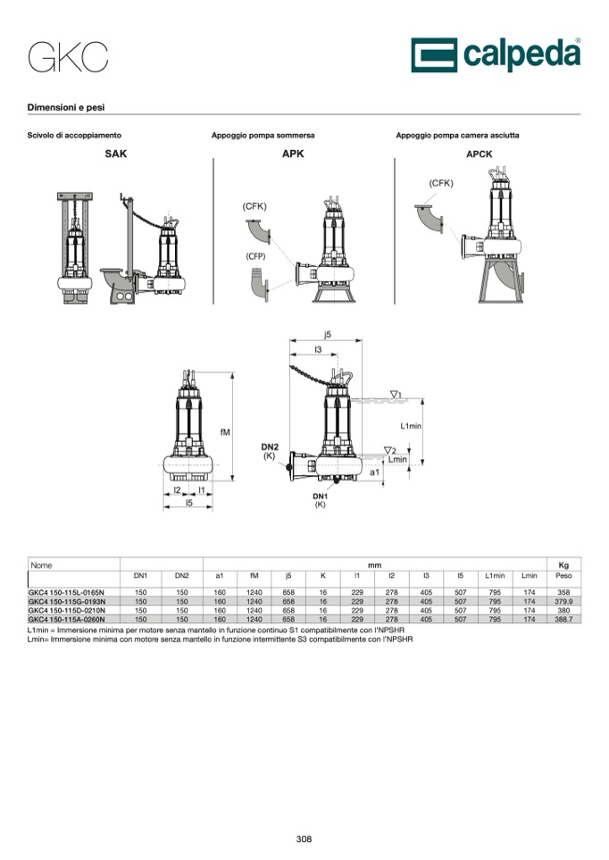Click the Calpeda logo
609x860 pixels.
(x=496, y=54)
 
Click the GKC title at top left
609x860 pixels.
(x=68, y=57)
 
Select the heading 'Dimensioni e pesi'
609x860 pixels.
(x=66, y=107)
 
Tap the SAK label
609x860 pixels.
(x=116, y=154)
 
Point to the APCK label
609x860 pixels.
(x=479, y=154)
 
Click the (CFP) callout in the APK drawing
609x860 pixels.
(x=255, y=256)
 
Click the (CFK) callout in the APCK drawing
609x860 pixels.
(x=441, y=183)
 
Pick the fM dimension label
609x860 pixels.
(x=225, y=432)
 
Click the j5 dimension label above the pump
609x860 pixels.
(x=328, y=334)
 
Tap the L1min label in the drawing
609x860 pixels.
(x=411, y=426)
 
